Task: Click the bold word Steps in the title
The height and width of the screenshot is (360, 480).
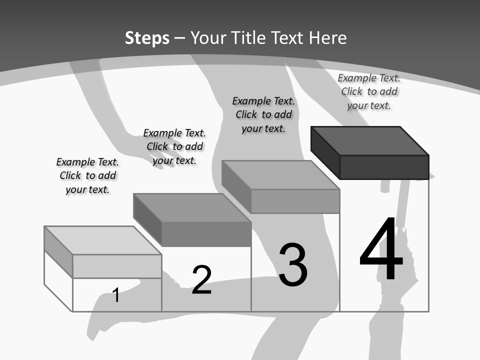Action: coord(147,38)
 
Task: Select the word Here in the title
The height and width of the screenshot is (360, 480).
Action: coord(327,38)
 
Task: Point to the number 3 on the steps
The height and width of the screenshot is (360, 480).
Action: coord(292,265)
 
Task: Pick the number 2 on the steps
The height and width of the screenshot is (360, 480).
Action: coord(201,279)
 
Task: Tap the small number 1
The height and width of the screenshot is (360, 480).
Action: coord(115,295)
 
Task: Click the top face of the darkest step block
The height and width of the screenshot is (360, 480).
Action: coord(370,141)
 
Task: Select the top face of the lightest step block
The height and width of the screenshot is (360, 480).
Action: coord(102,240)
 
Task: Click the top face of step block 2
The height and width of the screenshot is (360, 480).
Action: coord(192,207)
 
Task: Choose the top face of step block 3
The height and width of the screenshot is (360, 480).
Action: coord(280,175)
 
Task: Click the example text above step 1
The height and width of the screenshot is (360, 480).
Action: coord(87,175)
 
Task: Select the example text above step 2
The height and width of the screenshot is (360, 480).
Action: coord(174,146)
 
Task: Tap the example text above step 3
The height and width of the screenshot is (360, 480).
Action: coord(263,114)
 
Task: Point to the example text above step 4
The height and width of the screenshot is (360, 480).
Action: coord(369,91)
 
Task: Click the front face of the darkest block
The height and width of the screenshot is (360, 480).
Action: coord(384,167)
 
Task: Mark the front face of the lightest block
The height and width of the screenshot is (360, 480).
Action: coord(117,266)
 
